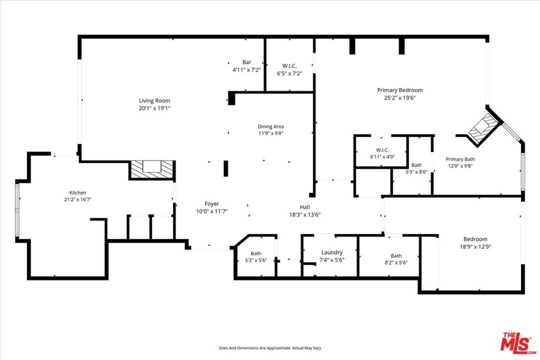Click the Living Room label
click(x=155, y=101)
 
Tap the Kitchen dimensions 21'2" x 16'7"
click(x=78, y=199)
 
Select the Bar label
click(x=247, y=62)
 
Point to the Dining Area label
click(x=271, y=127)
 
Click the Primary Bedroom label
click(x=400, y=90)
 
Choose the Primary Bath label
click(x=460, y=159)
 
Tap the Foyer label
click(x=212, y=204)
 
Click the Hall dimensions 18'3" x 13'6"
click(x=305, y=215)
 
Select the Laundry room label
click(x=332, y=252)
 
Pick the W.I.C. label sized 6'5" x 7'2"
click(x=290, y=66)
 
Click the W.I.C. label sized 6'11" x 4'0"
click(x=382, y=150)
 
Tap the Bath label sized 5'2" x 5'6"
click(x=256, y=254)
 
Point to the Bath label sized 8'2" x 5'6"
click(x=396, y=256)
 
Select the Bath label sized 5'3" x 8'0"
click(x=417, y=165)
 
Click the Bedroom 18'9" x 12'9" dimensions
click(x=475, y=247)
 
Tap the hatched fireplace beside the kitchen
click(x=152, y=170)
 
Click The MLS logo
click(x=518, y=343)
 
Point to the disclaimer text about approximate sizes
click(x=270, y=348)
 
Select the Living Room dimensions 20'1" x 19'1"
click(x=155, y=108)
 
